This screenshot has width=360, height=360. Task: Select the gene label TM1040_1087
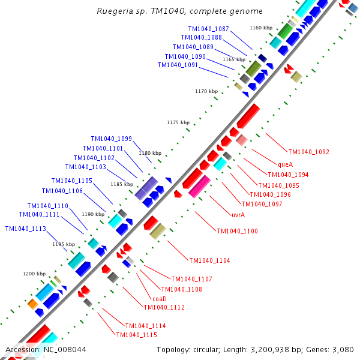(x=208, y=29)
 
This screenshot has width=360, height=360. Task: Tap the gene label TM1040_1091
(x=178, y=65)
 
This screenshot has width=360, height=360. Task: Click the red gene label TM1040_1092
(x=309, y=152)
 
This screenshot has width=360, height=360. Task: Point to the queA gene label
(x=285, y=164)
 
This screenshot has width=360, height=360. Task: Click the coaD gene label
(x=159, y=299)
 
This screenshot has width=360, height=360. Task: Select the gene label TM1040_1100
(x=238, y=231)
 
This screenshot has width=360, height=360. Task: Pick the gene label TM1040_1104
(x=210, y=260)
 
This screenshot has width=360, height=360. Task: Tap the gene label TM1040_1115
(x=137, y=335)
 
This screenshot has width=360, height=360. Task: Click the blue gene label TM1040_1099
(x=112, y=139)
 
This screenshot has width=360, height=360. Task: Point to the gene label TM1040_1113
(x=26, y=229)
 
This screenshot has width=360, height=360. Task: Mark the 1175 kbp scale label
(x=178, y=122)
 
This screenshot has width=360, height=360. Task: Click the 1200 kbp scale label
(x=34, y=274)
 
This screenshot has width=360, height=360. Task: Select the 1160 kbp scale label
(x=261, y=28)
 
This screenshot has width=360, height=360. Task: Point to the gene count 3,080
(x=343, y=350)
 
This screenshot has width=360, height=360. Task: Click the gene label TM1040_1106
(x=62, y=191)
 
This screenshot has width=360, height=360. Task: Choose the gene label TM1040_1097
(x=262, y=204)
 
